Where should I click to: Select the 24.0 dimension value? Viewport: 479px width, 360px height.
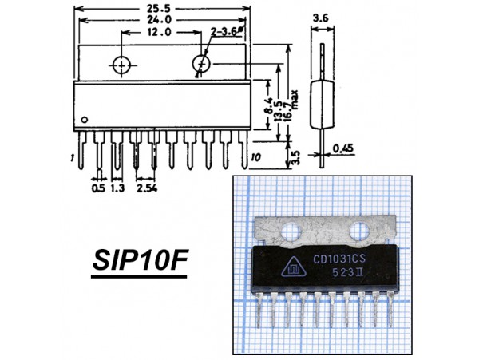click(x=160, y=20)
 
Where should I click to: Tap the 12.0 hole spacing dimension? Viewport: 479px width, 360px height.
click(x=159, y=32)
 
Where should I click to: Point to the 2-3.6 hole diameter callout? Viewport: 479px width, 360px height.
click(x=225, y=31)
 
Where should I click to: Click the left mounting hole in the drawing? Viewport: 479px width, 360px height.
click(x=121, y=65)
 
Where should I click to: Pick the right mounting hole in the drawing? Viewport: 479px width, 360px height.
click(x=201, y=64)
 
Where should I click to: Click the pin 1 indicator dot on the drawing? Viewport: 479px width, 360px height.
click(x=85, y=120)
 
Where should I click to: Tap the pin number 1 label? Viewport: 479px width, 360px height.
click(x=72, y=158)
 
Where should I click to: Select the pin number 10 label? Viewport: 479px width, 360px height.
click(x=255, y=157)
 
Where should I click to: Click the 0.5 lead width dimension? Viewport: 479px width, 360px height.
click(x=98, y=188)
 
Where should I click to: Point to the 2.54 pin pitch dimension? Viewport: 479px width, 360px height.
click(x=147, y=188)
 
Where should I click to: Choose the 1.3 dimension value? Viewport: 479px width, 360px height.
click(x=117, y=188)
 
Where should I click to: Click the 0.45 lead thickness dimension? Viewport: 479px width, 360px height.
click(x=342, y=148)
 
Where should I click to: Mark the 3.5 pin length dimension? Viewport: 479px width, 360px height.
click(x=296, y=157)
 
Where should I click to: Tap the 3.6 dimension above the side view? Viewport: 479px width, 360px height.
click(x=321, y=18)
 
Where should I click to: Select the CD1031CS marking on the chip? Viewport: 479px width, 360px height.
click(x=339, y=259)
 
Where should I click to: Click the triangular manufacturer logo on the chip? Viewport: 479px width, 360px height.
click(x=292, y=267)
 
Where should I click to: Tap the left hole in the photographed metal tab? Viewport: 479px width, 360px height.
click(x=291, y=231)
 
